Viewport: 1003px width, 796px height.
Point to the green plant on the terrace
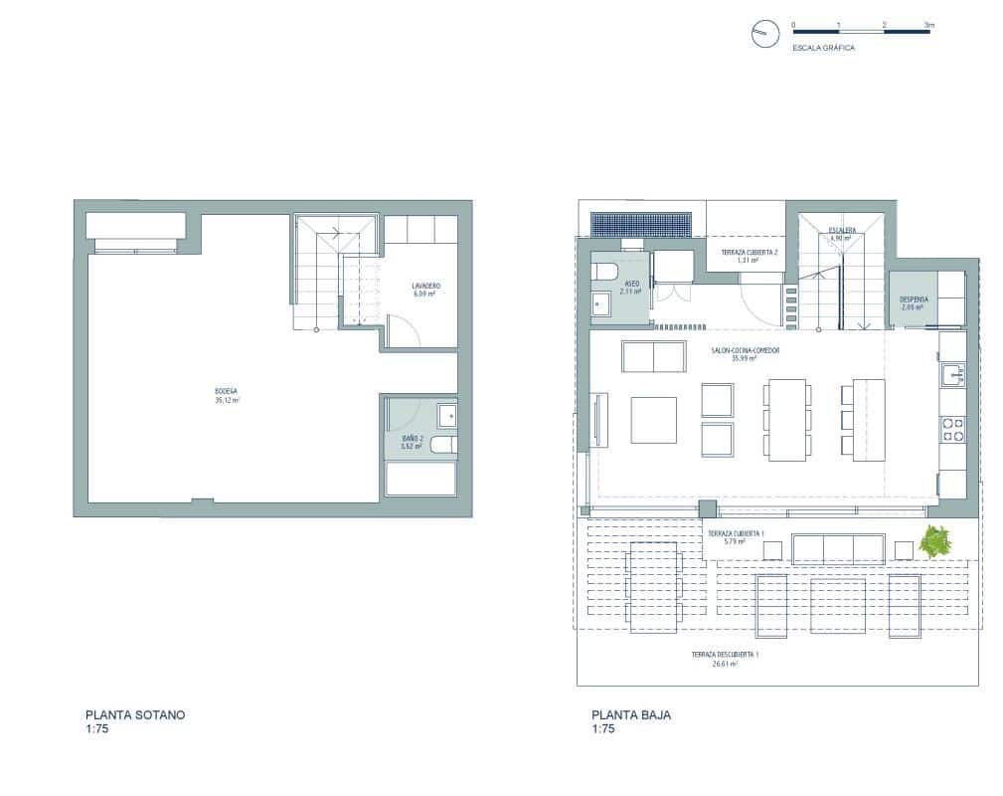point(935,542)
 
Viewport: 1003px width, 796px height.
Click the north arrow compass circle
point(762,34)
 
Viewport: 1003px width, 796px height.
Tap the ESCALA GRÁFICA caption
point(823,48)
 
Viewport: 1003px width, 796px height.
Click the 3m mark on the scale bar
point(927,24)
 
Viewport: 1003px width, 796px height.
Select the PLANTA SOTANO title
point(135,714)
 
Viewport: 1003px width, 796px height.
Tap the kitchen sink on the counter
point(951,375)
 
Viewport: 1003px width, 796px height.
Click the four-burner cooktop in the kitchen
point(951,429)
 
